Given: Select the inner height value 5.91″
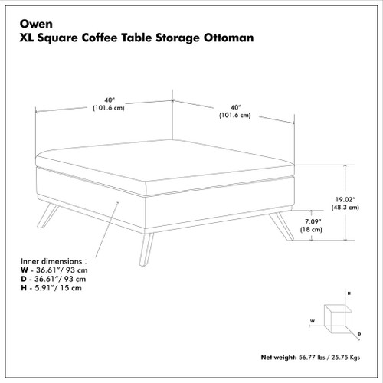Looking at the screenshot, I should click(44, 288).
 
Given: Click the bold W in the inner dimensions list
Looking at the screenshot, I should click(25, 270).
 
